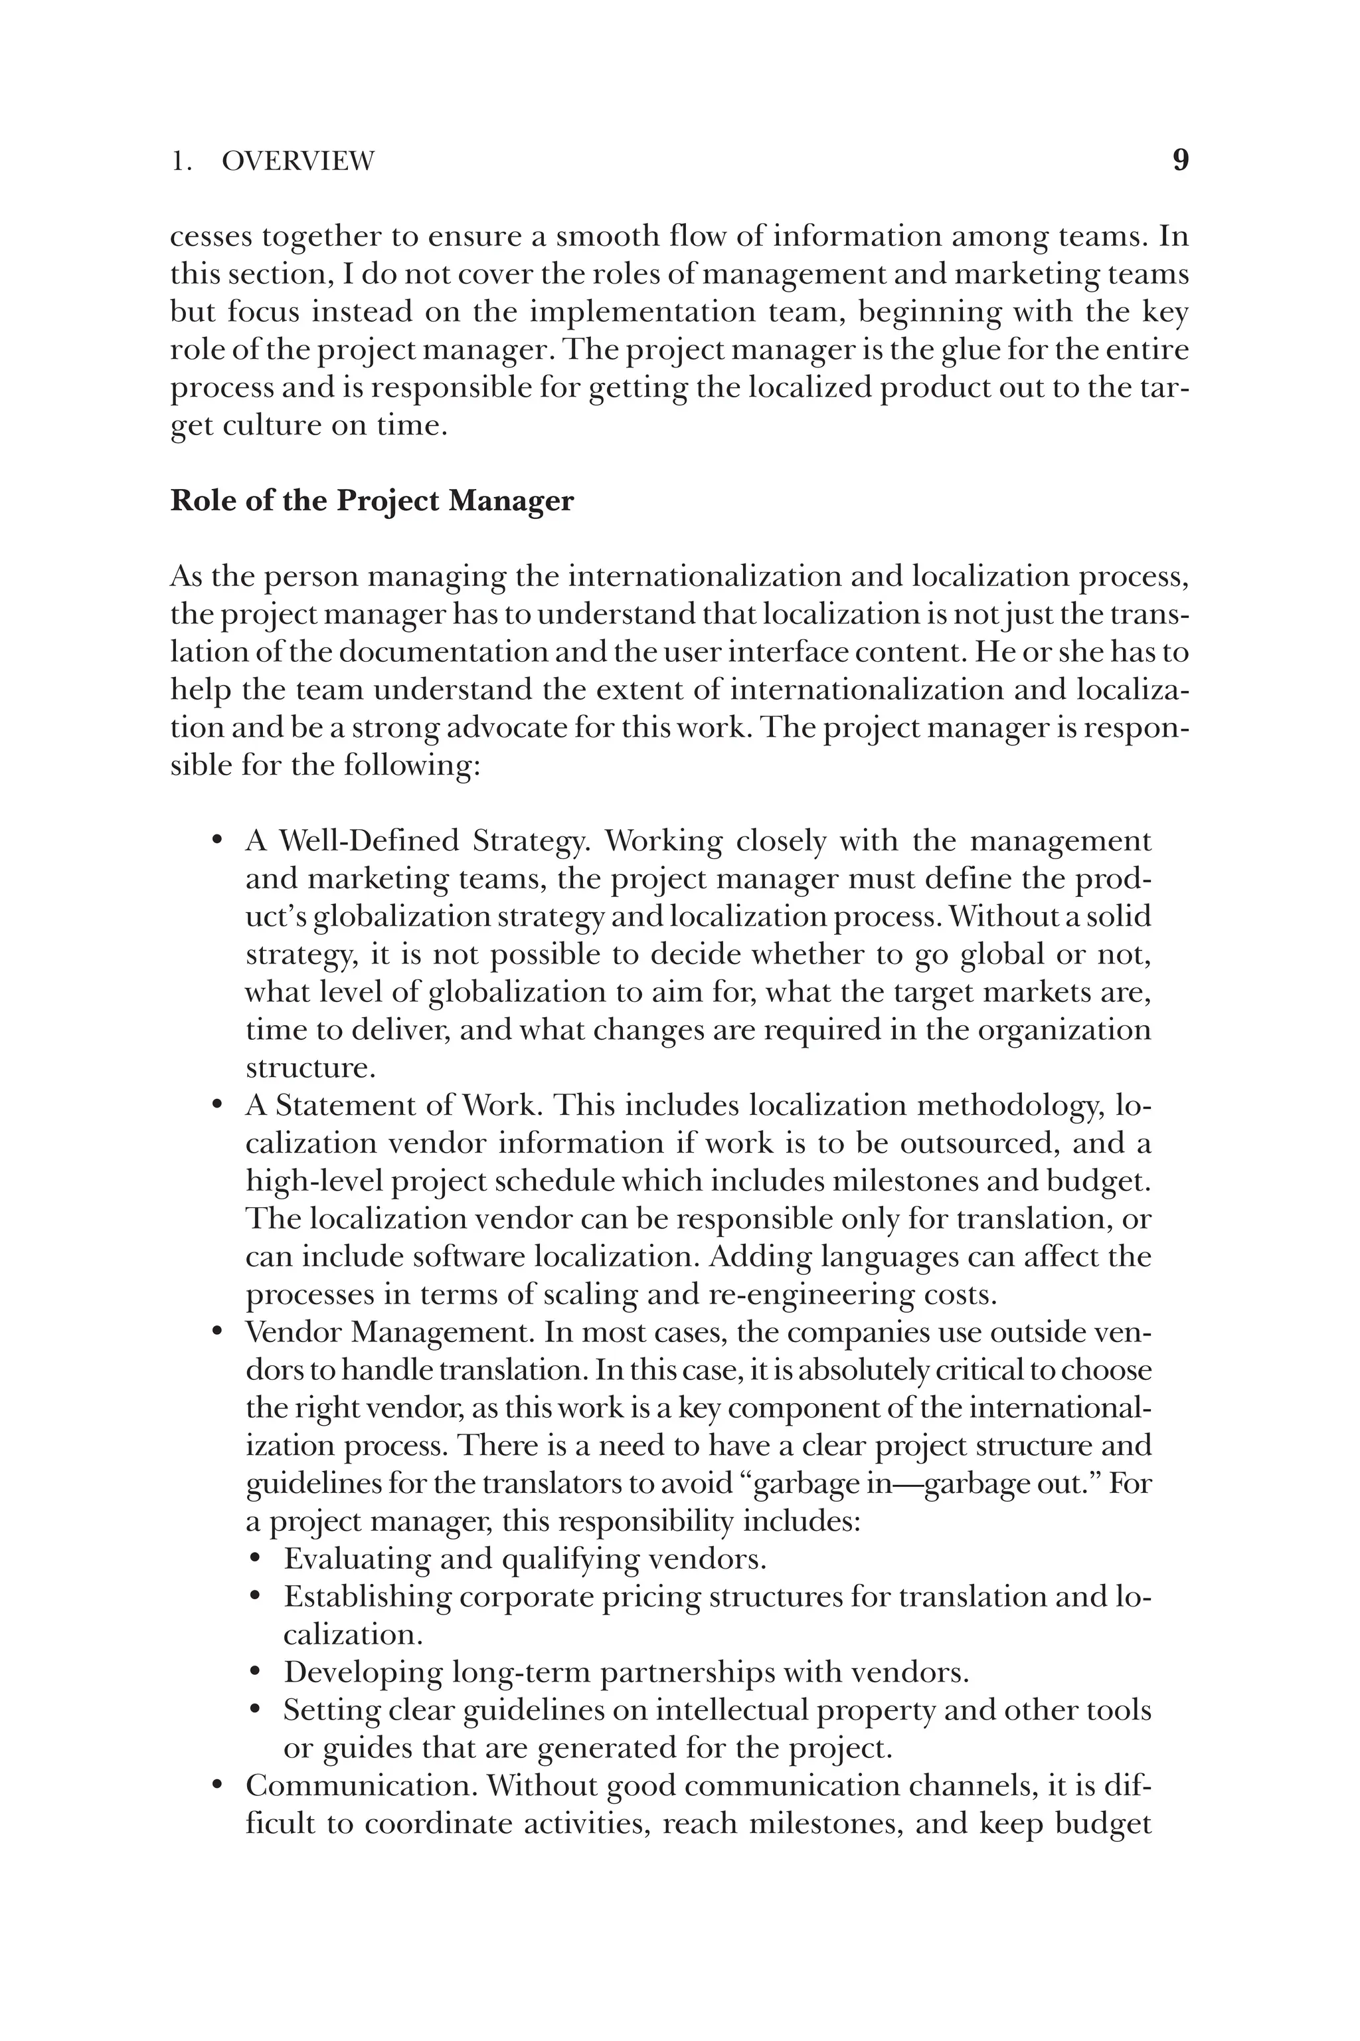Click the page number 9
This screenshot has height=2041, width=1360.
point(1181,161)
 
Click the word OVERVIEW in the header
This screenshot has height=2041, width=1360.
point(297,161)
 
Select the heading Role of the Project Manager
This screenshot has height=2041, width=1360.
point(371,502)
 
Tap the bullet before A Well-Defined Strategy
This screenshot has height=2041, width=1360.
point(218,842)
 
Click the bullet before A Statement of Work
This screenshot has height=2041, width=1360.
point(218,1106)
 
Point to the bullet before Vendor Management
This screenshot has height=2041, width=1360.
point(218,1332)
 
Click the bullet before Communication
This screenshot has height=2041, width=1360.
point(218,1786)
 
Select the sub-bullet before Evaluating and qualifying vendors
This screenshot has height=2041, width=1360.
point(255,1559)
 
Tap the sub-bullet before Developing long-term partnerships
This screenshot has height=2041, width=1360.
point(255,1672)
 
